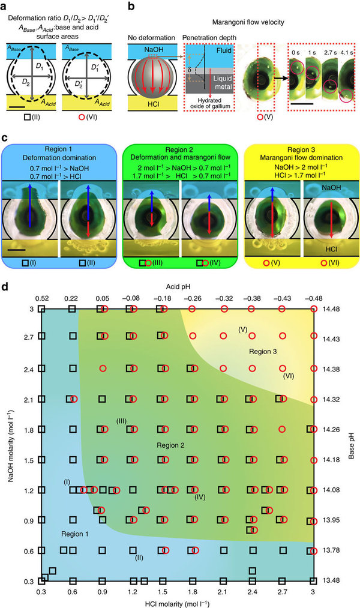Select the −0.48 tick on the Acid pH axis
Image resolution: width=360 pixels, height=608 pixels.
313,298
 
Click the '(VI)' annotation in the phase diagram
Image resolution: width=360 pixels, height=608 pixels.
289,376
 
